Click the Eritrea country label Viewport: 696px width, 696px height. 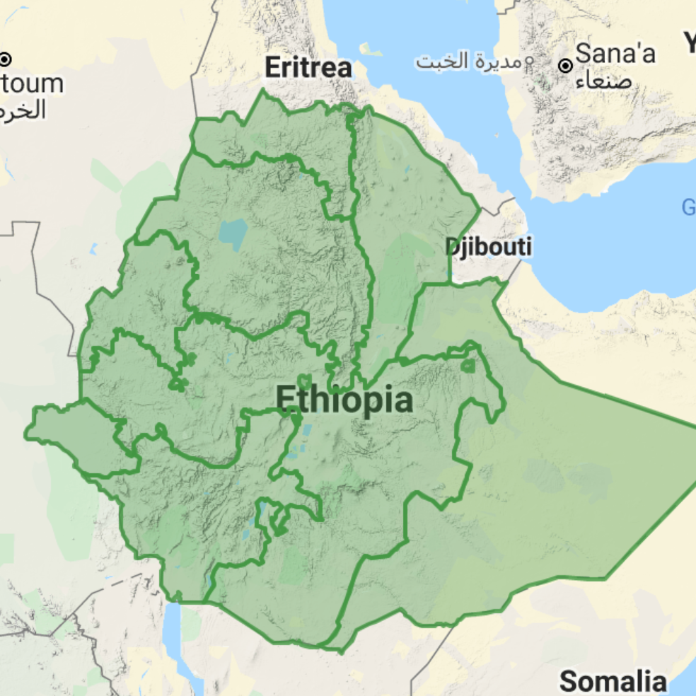pyautogui.click(x=308, y=68)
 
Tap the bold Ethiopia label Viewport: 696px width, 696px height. pyautogui.click(x=344, y=400)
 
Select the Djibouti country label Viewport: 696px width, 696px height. pyautogui.click(x=488, y=247)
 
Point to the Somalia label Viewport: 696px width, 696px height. pyautogui.click(x=613, y=681)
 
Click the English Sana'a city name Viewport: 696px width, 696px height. pyautogui.click(x=616, y=53)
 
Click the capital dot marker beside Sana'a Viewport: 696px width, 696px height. pyautogui.click(x=566, y=66)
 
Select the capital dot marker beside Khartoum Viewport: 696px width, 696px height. pyautogui.click(x=6, y=59)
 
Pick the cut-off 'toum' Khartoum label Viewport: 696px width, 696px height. pyautogui.click(x=32, y=83)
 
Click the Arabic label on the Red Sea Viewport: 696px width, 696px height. pyautogui.click(x=463, y=62)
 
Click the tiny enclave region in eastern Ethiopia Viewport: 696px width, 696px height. pyautogui.click(x=468, y=366)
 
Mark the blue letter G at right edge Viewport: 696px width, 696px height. pyautogui.click(x=688, y=208)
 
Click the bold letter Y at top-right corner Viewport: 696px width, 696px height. pyautogui.click(x=690, y=44)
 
